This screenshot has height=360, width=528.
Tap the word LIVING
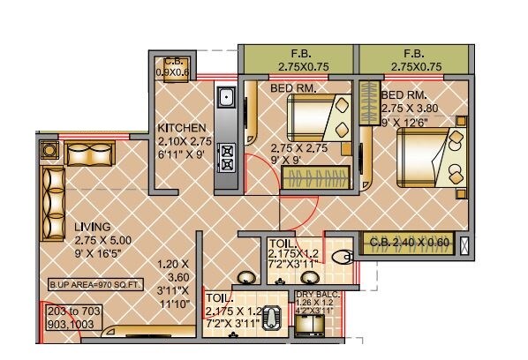point(93,227)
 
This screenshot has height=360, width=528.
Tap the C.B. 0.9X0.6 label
point(171,67)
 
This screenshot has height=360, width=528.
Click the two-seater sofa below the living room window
point(88,154)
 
